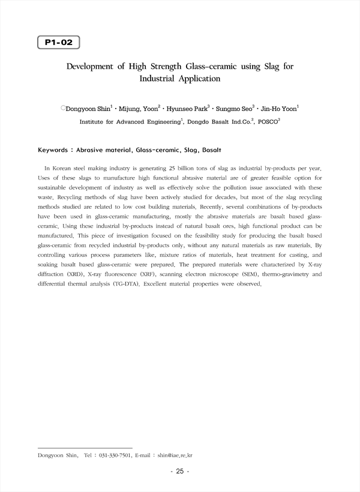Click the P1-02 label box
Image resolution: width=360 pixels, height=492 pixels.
coord(58,43)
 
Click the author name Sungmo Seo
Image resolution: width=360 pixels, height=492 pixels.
coord(232,109)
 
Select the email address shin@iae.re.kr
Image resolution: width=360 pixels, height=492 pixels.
coord(179,455)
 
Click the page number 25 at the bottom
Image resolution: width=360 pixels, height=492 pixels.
coord(179,472)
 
